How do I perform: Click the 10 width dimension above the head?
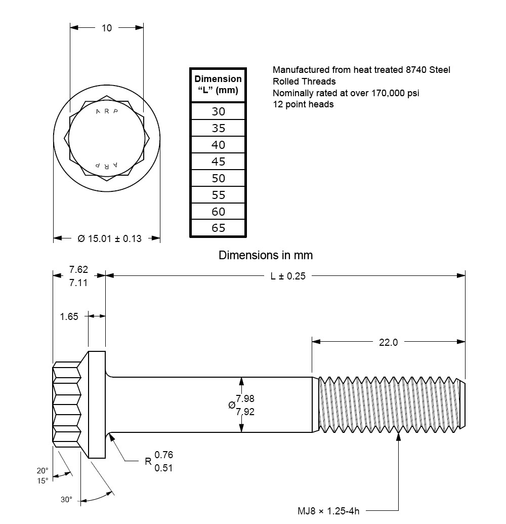click(x=107, y=28)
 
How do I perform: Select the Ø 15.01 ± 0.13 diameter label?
click(x=110, y=238)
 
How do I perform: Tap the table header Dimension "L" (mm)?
click(x=218, y=86)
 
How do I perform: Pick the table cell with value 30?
click(x=218, y=111)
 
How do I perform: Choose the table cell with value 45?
click(x=218, y=162)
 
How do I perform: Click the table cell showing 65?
click(x=218, y=228)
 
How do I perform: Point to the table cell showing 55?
click(x=218, y=195)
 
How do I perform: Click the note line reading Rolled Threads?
click(x=304, y=82)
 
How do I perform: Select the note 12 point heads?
click(x=303, y=104)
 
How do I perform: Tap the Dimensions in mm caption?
click(x=266, y=255)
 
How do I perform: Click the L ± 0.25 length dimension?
click(x=288, y=276)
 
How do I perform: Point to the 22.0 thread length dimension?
click(x=388, y=342)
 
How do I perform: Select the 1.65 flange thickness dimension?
click(x=69, y=316)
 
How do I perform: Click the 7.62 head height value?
click(x=78, y=269)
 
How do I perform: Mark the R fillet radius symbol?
click(x=148, y=461)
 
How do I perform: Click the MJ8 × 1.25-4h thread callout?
click(x=328, y=511)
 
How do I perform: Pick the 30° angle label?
click(x=66, y=500)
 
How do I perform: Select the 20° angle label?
click(x=42, y=469)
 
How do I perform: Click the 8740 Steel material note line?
click(x=361, y=70)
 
